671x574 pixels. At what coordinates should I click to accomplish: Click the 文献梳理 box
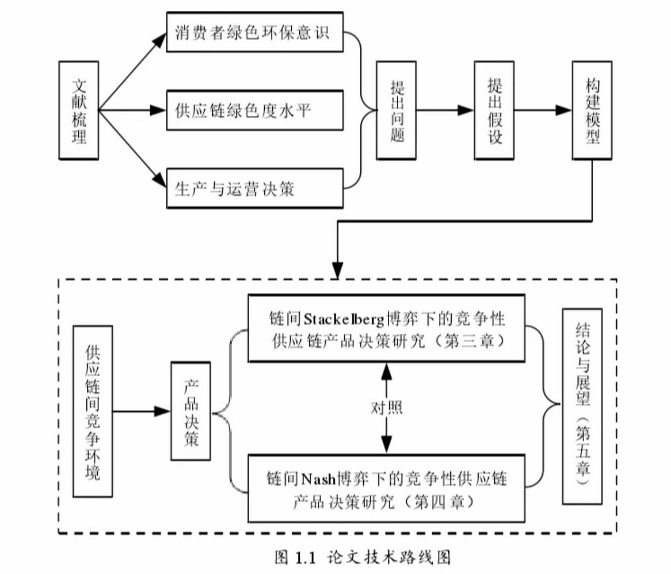(79, 110)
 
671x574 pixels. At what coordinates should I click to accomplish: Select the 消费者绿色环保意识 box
(254, 32)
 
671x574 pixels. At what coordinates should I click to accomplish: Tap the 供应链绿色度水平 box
(254, 110)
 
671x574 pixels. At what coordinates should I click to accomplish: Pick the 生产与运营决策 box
(254, 188)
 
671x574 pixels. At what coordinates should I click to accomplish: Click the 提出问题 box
(396, 110)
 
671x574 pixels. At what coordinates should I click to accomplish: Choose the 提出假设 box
(494, 110)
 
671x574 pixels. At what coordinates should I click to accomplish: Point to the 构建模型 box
(592, 110)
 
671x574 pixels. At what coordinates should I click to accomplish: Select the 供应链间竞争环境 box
(93, 411)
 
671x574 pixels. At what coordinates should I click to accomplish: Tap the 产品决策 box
(191, 411)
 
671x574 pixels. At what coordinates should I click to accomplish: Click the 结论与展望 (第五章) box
(582, 406)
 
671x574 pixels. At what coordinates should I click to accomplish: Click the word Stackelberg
(344, 319)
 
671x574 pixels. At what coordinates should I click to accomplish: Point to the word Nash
(318, 479)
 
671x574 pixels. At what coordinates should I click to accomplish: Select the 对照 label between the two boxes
(386, 408)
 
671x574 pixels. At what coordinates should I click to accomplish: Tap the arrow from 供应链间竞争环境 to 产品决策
(142, 411)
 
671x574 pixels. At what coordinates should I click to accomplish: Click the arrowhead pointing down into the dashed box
(337, 270)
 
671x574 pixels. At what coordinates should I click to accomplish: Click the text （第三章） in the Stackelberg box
(470, 342)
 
